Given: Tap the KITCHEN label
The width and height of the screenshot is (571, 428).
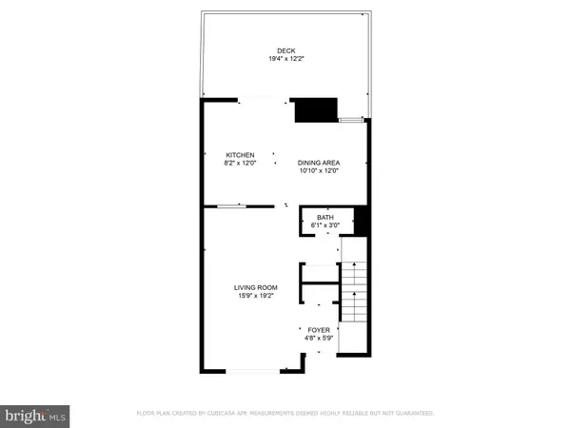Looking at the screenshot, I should pos(239,155).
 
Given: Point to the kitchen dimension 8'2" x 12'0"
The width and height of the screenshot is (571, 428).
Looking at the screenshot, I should pos(239,164).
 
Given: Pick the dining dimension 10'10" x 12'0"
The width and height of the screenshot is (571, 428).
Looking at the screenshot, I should pos(319,172).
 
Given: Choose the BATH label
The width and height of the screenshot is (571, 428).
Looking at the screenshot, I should pos(325,218).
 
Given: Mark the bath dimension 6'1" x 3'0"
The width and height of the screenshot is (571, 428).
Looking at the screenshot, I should pos(325,226).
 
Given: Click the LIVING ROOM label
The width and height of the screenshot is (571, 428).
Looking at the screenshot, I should pos(256,287).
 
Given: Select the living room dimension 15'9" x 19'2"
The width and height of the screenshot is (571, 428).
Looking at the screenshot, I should pos(256,296).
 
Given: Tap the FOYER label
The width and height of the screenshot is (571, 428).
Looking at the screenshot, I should pos(319,329).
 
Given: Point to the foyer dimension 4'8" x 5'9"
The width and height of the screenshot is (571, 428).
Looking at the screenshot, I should pos(319,338).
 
